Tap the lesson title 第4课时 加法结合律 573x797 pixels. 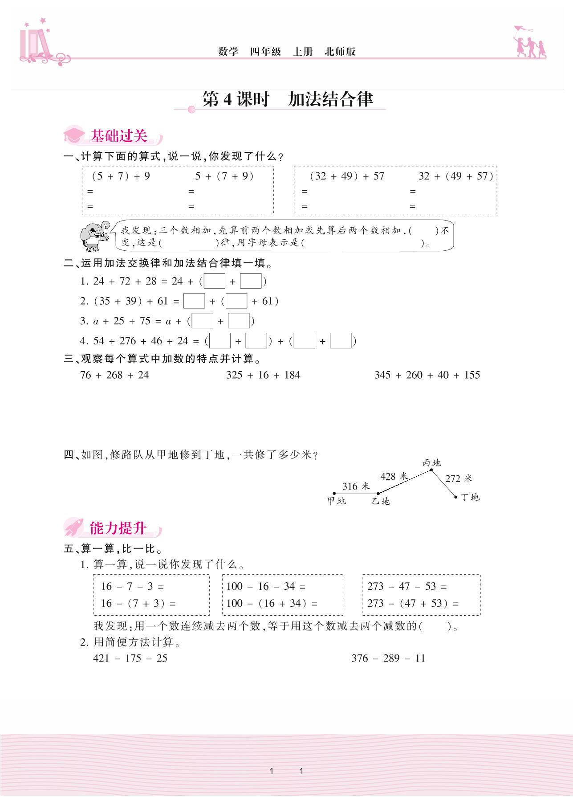pos(287,99)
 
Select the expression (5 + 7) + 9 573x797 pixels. pos(121,176)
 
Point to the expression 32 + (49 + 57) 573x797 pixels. pos(455,176)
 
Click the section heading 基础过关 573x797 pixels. pos(118,136)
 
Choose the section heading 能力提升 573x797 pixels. pos(118,528)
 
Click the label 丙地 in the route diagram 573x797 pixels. pos(431,463)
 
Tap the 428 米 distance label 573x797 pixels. pos(394,477)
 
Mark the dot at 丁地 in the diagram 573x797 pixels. pos(456,497)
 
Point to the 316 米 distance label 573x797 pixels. pos(356,486)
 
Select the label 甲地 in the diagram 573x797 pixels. pos(336,501)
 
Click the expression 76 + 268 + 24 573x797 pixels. pos(114,375)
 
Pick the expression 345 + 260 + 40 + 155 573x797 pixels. pos(427,375)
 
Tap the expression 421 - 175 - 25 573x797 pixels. pos(130,658)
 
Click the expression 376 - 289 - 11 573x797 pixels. pos(388,658)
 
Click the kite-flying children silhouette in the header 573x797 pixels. pos(530,43)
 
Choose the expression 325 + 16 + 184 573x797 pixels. pos(263,375)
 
